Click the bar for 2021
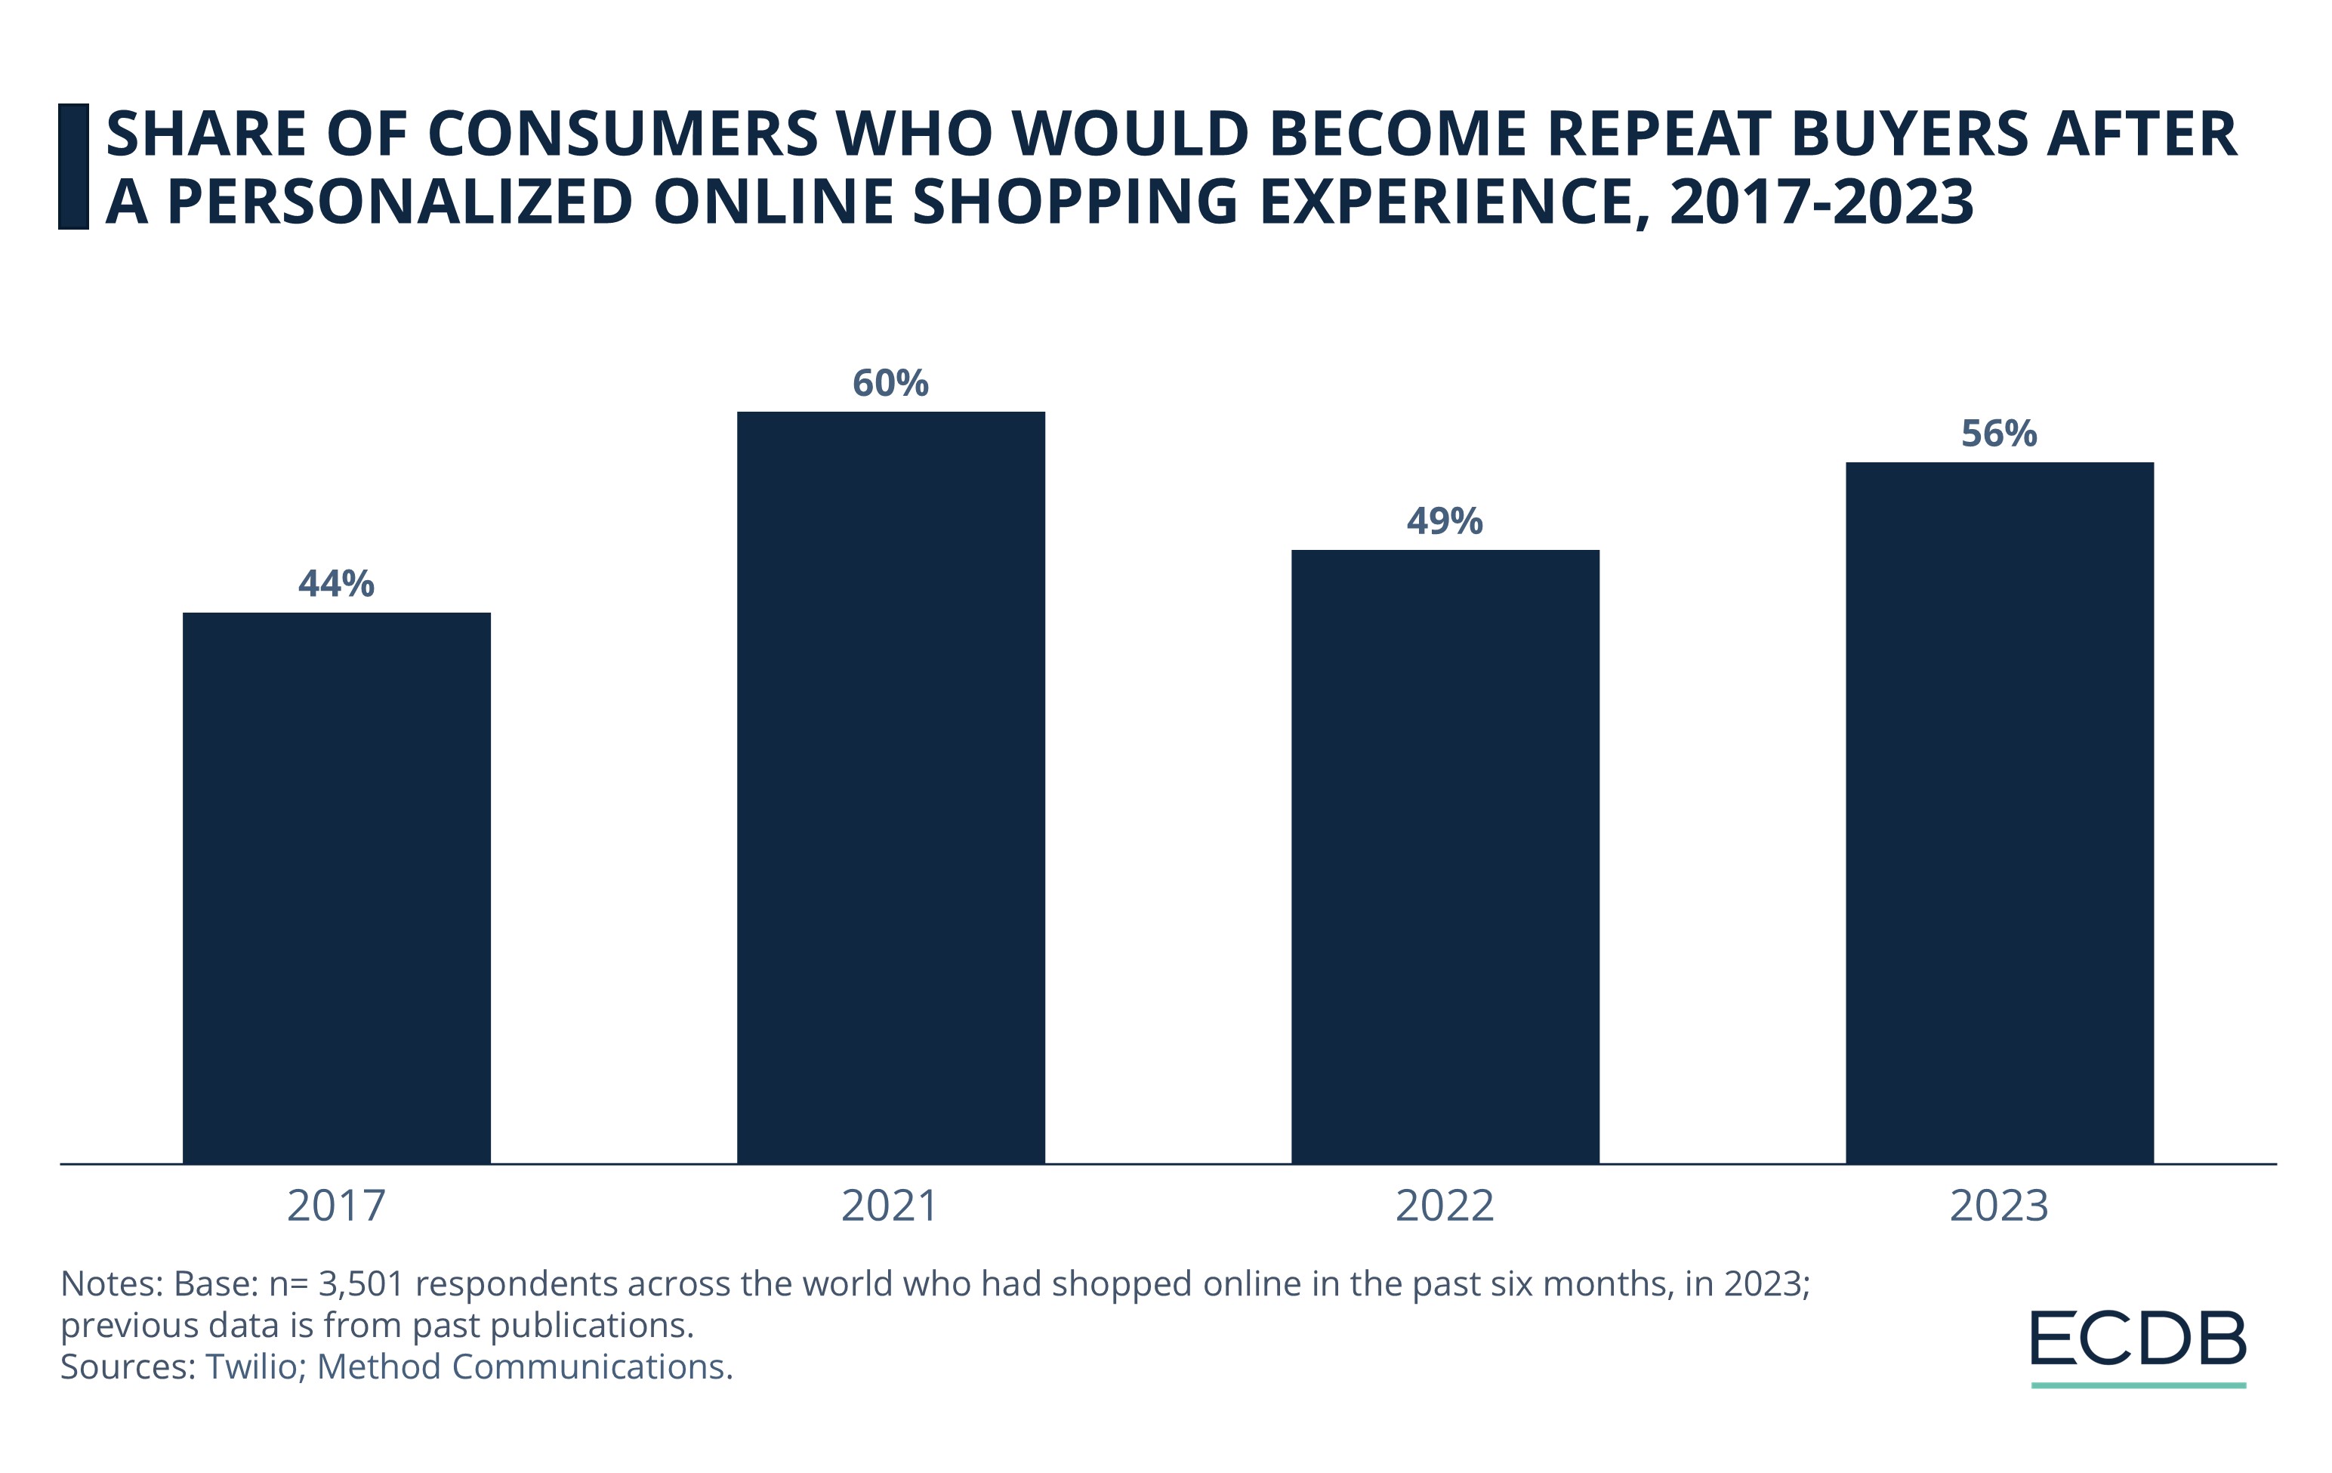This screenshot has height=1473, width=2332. pos(890,786)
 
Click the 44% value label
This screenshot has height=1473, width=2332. pos(336,584)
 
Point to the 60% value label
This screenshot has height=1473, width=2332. pos(890,384)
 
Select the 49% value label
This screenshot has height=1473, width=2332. pos(1445,522)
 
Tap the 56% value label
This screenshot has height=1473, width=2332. pos(1999,434)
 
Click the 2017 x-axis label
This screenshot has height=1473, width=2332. pos(336,1206)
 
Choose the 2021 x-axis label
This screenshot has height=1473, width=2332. pos(890,1206)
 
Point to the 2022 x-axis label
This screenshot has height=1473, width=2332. pos(1445,1206)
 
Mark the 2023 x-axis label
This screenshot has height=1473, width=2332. pos(1999,1206)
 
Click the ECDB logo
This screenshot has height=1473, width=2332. pos(2137,1339)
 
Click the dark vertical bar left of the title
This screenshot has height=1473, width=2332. pos(73,167)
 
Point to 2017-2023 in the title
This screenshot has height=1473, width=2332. pos(1821,202)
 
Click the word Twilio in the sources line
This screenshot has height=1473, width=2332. pos(251,1367)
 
